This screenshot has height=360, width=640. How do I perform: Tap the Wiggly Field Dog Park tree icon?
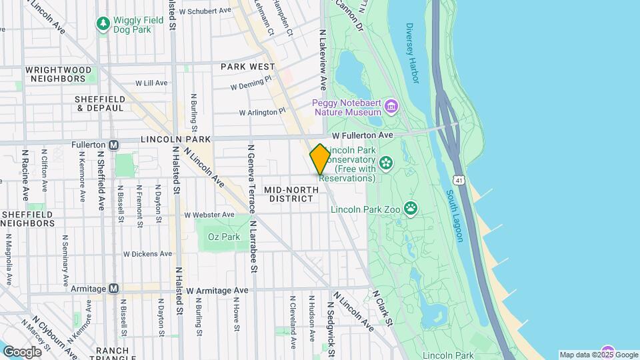[103, 25]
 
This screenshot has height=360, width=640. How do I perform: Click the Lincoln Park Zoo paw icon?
[411, 209]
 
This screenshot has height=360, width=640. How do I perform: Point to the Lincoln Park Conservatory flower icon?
[385, 163]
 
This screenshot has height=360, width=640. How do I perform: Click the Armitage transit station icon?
[113, 289]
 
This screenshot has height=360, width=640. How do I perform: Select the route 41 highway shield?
[458, 180]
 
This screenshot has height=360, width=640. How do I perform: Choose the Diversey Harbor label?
[411, 53]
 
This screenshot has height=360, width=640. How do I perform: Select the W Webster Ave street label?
[209, 215]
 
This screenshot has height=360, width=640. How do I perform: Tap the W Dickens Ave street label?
[148, 254]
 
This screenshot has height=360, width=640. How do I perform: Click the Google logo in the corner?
[22, 351]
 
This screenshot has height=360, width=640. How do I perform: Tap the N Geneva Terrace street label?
[251, 179]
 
